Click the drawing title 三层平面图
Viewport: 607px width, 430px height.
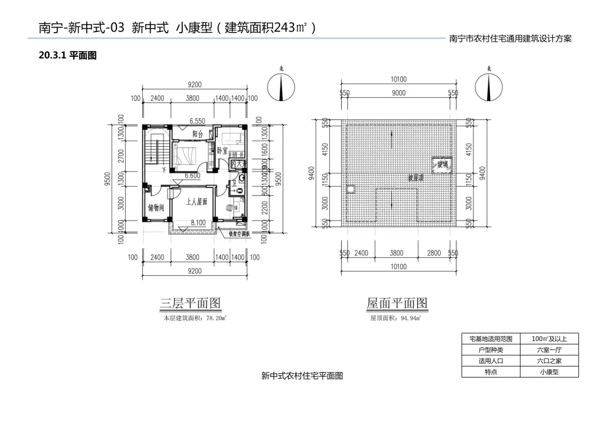pyautogui.click(x=191, y=303)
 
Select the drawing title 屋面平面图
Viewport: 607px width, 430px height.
pyautogui.click(x=397, y=303)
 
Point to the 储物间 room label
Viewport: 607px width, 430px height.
pyautogui.click(x=156, y=208)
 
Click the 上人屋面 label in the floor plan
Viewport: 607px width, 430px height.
pyautogui.click(x=197, y=201)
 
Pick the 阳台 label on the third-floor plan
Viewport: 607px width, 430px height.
pyautogui.click(x=197, y=134)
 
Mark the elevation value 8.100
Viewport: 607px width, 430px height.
pyautogui.click(x=198, y=223)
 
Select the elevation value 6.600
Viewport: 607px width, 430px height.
pyautogui.click(x=193, y=176)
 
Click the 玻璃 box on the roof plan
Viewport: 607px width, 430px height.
pyautogui.click(x=442, y=164)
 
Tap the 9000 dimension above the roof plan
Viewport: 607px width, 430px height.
pyautogui.click(x=398, y=93)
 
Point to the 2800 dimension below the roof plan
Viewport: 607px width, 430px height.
pyautogui.click(x=434, y=253)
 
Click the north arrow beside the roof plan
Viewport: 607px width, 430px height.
pyautogui.click(x=489, y=87)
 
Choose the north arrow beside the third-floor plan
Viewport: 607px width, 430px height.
pyautogui.click(x=281, y=87)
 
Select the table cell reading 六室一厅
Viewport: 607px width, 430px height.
pyautogui.click(x=549, y=350)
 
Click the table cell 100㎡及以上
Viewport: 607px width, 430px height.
pyautogui.click(x=549, y=339)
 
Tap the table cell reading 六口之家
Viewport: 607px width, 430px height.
pyautogui.click(x=549, y=361)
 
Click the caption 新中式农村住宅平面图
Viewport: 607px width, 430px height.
pyautogui.click(x=302, y=375)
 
